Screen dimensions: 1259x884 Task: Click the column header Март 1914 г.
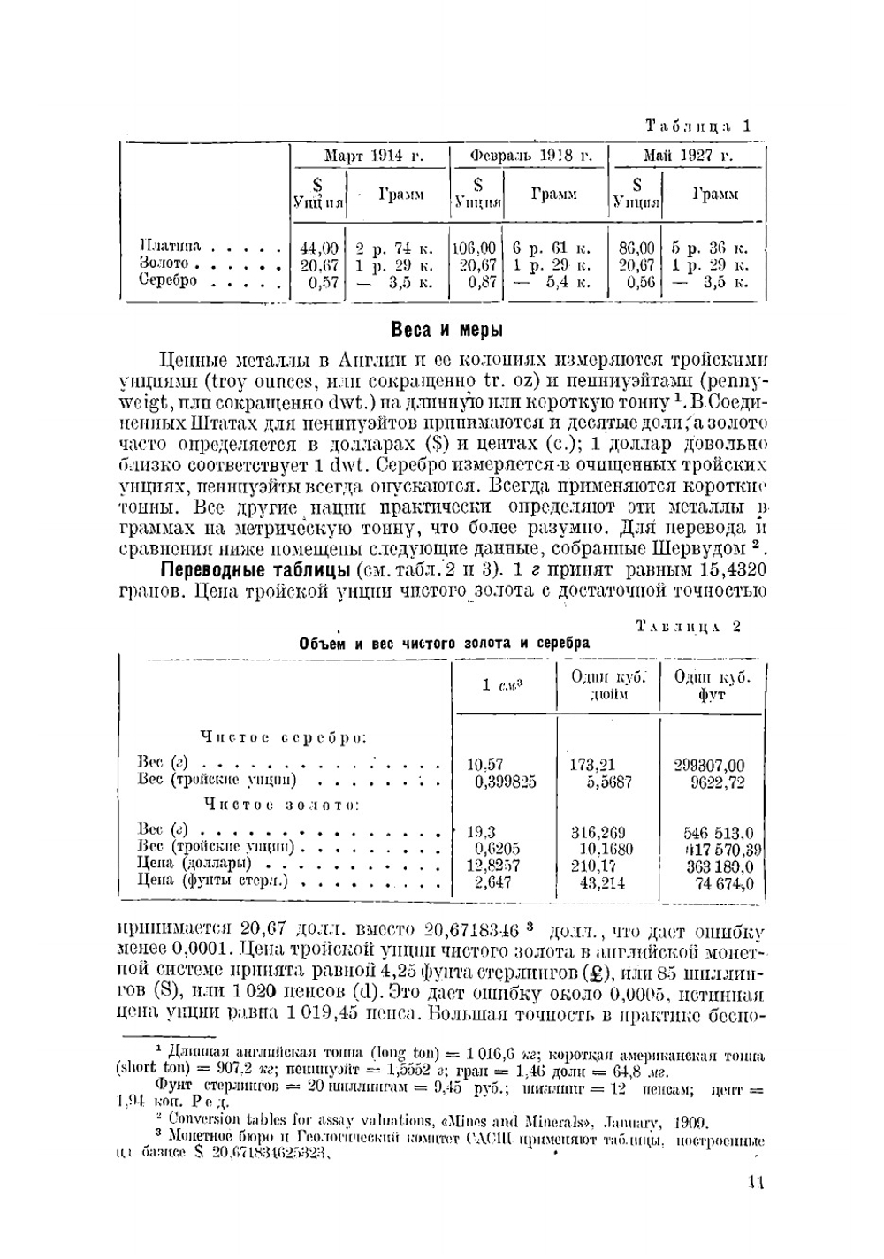pos(370,156)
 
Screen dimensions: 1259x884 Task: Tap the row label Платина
pos(171,246)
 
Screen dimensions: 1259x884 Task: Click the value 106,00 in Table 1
pos(475,249)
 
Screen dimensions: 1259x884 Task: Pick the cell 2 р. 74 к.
pos(394,249)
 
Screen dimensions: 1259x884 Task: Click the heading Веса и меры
pos(446,331)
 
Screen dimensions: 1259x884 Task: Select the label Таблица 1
pos(697,126)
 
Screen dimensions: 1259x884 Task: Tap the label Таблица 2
pos(688,627)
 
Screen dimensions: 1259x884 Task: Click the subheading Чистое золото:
pos(281,805)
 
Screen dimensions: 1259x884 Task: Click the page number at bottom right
pos(753,1181)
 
